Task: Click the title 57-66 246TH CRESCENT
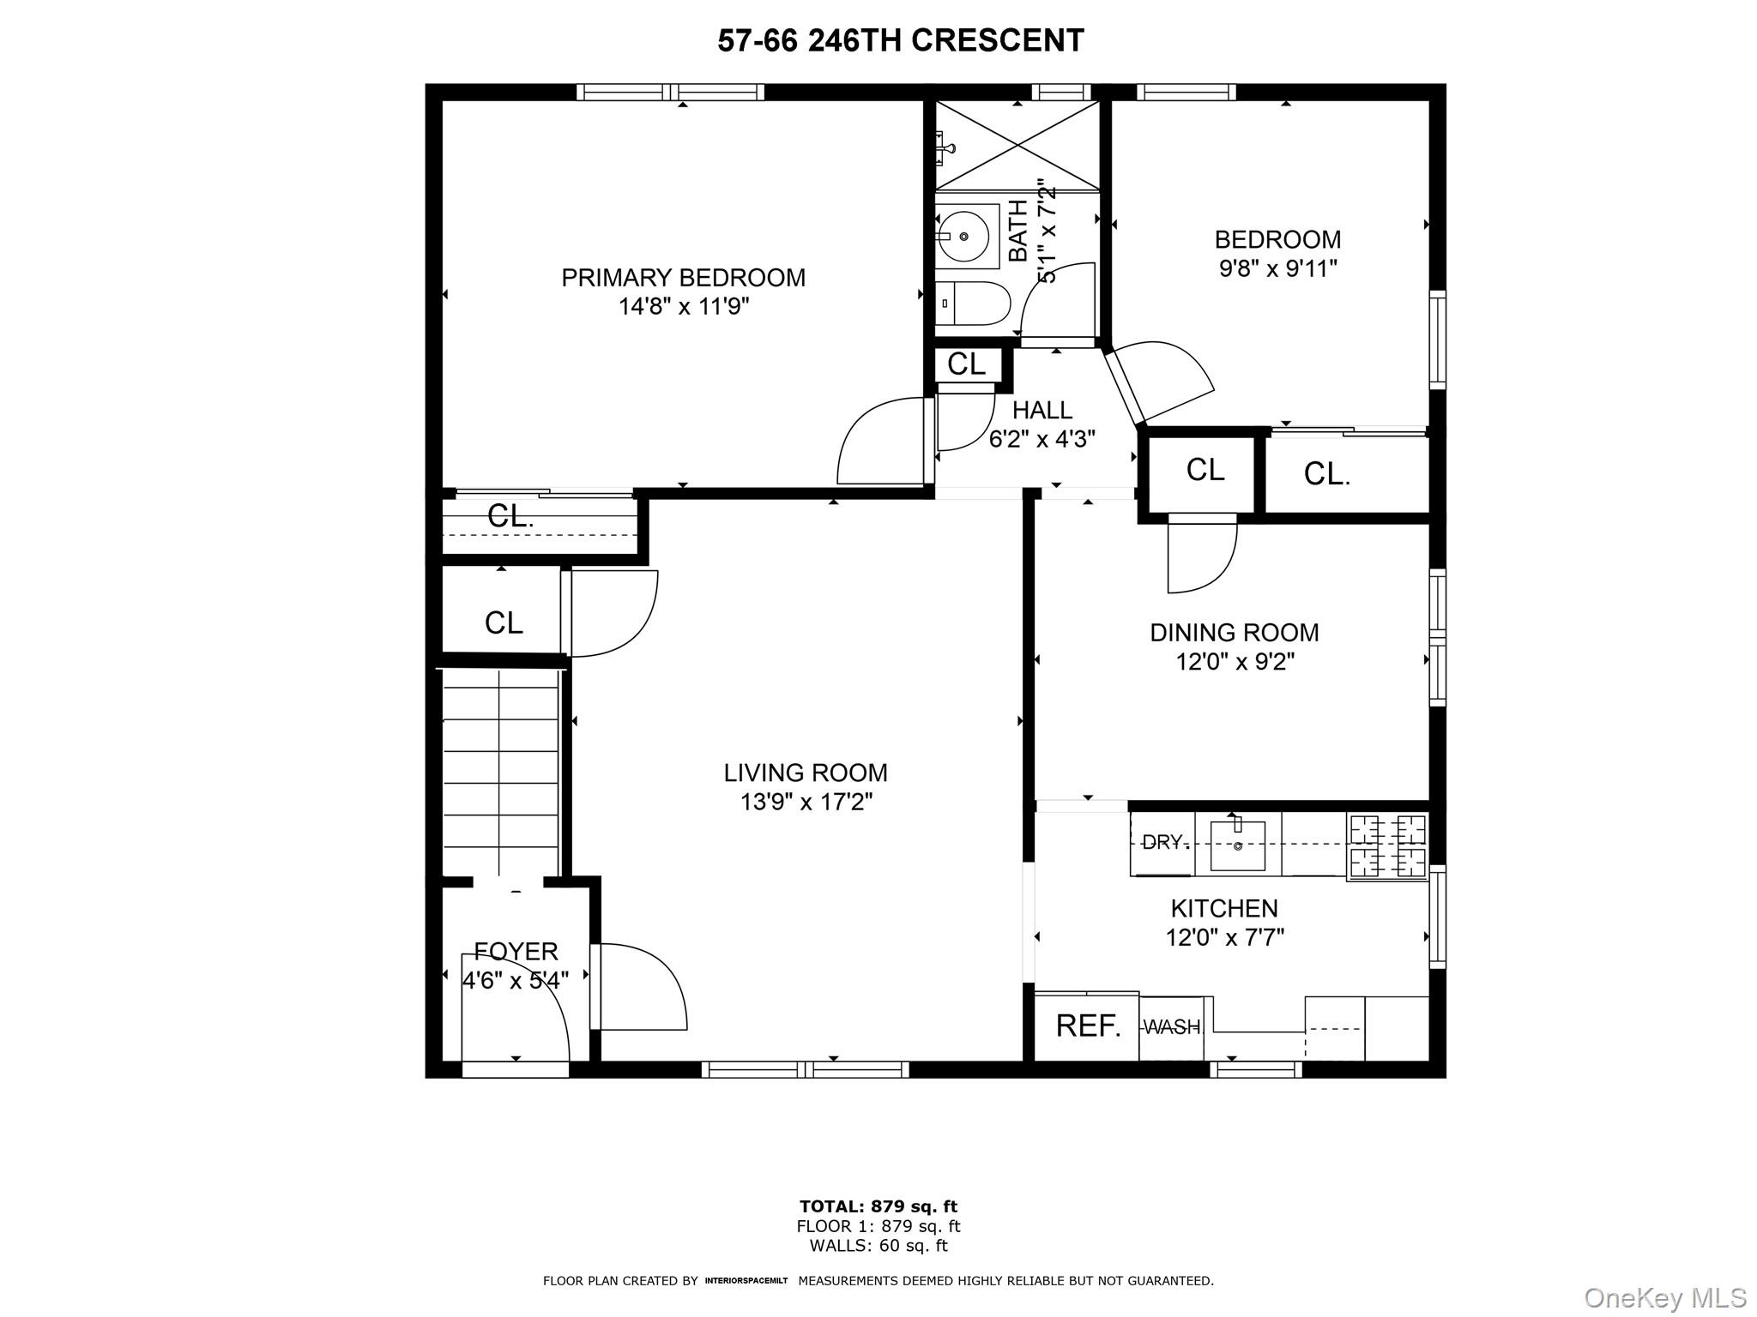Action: point(900,40)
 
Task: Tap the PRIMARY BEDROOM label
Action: point(683,278)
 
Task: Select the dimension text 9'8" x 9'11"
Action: point(1277,269)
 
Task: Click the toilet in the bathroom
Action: point(973,304)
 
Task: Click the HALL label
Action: point(1042,410)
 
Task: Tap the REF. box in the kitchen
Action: point(1087,1026)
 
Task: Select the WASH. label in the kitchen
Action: point(1172,1026)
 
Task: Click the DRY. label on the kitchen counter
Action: point(1165,842)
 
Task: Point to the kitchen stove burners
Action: point(1387,846)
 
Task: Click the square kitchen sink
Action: point(1237,845)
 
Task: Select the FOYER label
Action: point(516,951)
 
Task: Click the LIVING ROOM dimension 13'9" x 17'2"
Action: point(806,803)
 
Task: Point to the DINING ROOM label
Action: point(1234,633)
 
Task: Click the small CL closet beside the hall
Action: point(966,364)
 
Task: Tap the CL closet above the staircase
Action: point(503,622)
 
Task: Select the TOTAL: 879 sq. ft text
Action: point(878,1207)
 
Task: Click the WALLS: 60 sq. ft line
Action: point(878,1246)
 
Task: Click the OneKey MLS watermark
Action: point(1664,1298)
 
